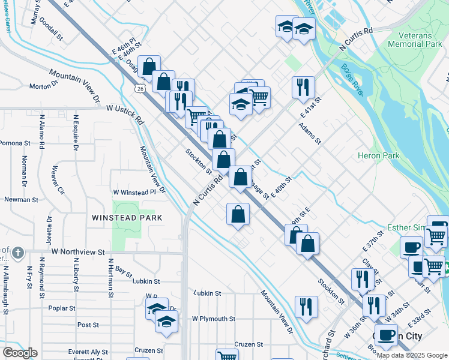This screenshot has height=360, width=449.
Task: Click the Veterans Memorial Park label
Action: (415, 39)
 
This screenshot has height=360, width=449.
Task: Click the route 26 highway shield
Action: (139, 88)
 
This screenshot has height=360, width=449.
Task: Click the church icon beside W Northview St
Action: (18, 253)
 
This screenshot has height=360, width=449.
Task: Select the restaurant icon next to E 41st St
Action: (303, 86)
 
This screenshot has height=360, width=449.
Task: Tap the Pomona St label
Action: (15, 143)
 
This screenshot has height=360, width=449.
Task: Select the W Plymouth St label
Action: (213, 319)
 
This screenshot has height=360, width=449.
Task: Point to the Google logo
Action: (20, 353)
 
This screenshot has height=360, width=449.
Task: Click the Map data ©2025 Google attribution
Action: (412, 355)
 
